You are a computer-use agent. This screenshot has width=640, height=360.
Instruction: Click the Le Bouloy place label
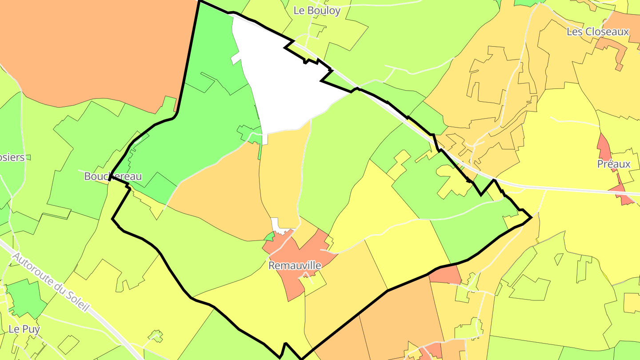pos(317,11)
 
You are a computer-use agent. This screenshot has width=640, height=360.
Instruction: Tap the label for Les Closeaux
pos(598,32)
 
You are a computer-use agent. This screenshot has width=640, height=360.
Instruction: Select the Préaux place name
pos(614,164)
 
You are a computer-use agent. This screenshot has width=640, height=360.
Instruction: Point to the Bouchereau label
pos(113,176)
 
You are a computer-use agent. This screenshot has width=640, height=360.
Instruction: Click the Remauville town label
pos(295,265)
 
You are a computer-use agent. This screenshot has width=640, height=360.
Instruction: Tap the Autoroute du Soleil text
pos(51,282)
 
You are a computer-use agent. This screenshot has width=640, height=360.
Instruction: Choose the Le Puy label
pos(24,329)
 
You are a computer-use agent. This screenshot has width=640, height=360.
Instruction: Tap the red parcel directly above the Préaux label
pos(604,147)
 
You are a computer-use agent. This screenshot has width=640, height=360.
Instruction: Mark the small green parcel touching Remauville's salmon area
pos(269,236)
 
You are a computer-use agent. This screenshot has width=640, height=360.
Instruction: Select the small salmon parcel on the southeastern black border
pos(447,275)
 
